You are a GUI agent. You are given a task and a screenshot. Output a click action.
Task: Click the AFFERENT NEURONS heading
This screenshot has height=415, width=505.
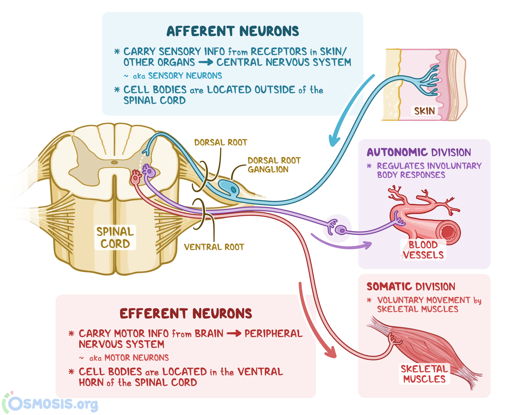click(233, 31)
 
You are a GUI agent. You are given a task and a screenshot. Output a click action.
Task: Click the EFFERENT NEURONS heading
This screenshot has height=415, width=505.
click(186, 313)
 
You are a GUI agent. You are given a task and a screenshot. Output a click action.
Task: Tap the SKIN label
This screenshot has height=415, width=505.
click(424, 111)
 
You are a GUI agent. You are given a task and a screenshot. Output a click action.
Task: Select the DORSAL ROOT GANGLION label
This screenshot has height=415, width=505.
click(274, 165)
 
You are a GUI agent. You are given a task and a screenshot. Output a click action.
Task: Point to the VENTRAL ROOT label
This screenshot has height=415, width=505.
click(214, 247)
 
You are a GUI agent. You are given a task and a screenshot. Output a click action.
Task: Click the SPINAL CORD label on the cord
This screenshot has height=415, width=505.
click(115, 237)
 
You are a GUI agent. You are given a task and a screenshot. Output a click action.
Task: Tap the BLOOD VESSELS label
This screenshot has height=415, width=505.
click(423, 250)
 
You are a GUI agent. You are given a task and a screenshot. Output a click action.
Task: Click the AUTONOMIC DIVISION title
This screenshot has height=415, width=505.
click(419, 152)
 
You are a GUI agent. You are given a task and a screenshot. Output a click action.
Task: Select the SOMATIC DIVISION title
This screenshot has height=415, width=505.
click(411, 286)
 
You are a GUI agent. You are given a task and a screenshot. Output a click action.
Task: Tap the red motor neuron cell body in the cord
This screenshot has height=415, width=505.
click(135, 180)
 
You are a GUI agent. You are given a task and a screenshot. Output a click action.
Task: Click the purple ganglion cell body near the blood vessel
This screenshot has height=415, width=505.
click(341, 230)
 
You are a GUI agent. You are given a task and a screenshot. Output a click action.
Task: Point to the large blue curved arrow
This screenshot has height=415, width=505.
click(350, 110)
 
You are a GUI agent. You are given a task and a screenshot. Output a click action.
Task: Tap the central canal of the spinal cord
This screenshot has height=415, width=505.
click(114, 162)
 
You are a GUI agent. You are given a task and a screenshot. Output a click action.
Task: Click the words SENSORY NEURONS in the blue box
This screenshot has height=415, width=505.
click(185, 76)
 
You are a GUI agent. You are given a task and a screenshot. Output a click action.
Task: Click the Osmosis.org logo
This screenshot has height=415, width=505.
click(50, 404)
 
